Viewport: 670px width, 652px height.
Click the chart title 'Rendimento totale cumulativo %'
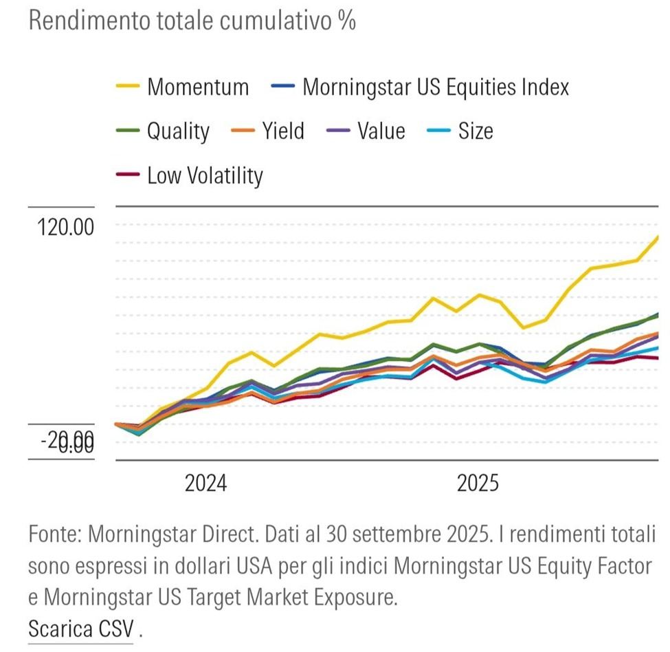click(x=192, y=21)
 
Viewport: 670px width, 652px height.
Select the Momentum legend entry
click(x=198, y=87)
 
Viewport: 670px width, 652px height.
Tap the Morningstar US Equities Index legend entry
click(x=435, y=87)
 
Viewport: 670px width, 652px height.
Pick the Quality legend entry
click(x=178, y=131)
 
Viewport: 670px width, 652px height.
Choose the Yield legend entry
click(x=282, y=131)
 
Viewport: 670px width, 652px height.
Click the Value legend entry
click(x=381, y=131)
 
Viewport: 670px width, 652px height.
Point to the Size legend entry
click(x=475, y=131)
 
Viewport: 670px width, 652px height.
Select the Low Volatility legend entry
click(x=205, y=175)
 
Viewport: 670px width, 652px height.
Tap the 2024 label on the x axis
click(x=205, y=483)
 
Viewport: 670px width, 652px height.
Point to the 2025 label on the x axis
click(x=478, y=483)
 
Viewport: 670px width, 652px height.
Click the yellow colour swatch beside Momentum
click(x=128, y=87)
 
